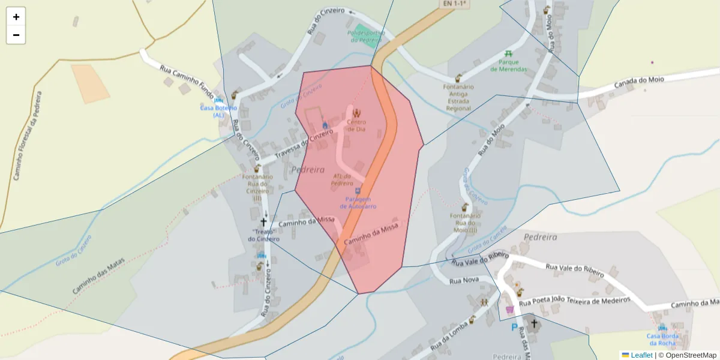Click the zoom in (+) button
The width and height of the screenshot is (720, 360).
[16, 17]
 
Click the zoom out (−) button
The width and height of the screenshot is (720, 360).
[16, 35]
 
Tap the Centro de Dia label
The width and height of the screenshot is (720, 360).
[356, 125]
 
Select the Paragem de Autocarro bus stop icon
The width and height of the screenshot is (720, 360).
[358, 191]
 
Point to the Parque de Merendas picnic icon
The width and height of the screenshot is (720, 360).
[509, 55]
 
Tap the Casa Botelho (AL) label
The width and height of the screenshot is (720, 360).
[218, 111]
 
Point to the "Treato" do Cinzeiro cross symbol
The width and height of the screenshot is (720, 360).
[263, 222]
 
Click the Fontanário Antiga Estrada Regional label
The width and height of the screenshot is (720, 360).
[458, 97]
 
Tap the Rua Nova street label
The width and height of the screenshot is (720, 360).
[463, 280]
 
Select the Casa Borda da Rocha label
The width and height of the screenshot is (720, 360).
[662, 339]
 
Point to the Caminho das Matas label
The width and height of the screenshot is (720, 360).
[98, 275]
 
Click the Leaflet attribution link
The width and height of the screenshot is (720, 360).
[641, 355]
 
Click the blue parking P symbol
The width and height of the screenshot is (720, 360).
[514, 328]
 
